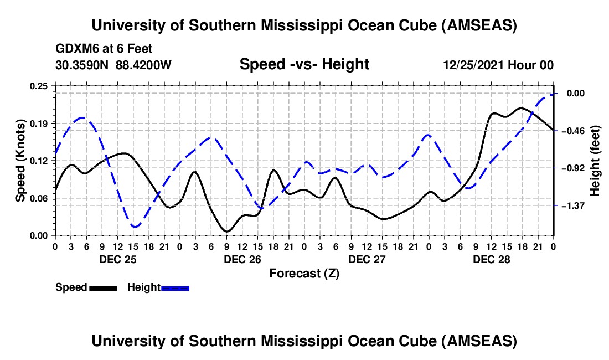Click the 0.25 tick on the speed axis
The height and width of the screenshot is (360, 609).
coord(39,86)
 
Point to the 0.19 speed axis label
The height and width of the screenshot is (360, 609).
coord(39,123)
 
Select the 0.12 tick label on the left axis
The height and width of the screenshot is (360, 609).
coord(39,161)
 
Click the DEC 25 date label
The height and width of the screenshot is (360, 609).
coord(117,259)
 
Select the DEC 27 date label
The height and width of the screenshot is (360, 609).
coord(367,259)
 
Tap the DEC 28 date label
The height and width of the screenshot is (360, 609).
coord(491,259)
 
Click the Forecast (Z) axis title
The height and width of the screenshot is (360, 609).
coord(304,273)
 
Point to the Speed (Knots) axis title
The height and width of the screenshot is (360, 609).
coord(20,161)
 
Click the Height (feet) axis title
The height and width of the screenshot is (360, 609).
coord(595,161)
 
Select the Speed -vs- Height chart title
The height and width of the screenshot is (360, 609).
coord(304,65)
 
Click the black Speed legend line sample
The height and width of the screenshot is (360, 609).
coord(103,287)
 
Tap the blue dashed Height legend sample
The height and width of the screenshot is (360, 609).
coord(176,287)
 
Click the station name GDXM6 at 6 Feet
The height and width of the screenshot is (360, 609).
coord(104,49)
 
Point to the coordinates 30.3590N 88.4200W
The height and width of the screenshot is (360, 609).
coord(113,65)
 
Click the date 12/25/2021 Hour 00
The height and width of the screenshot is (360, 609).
coord(498,65)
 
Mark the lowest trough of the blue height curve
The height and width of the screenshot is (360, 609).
coord(135,227)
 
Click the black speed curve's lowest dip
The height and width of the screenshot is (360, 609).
coord(227,231)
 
